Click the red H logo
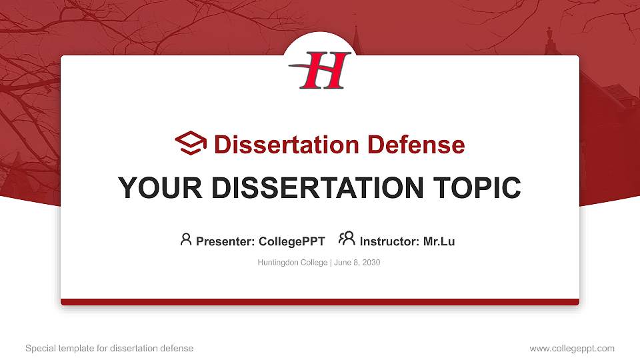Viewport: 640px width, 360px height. [x=321, y=71]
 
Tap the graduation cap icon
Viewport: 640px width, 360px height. [x=191, y=143]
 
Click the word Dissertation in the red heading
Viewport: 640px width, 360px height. [x=279, y=144]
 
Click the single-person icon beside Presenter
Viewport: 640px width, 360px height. [x=186, y=239]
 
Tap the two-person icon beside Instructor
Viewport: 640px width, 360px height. [x=347, y=239]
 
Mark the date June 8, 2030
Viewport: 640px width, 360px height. [x=357, y=263]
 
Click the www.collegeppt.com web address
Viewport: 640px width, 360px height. [x=572, y=348]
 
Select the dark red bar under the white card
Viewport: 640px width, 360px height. [x=320, y=302]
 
